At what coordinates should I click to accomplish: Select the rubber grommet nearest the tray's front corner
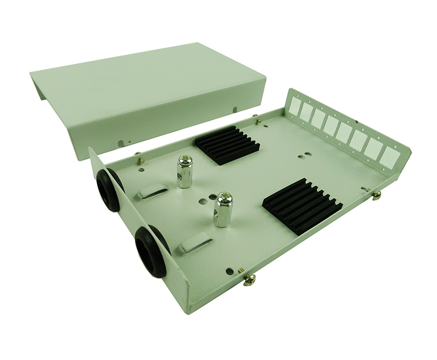point(151,252)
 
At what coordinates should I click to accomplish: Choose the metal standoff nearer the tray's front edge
point(222,210)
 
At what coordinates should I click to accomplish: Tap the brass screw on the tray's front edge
point(249,279)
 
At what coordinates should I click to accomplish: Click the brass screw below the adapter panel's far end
point(376,194)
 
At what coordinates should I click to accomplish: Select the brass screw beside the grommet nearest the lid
point(140,160)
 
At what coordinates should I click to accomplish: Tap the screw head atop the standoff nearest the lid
point(185,159)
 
